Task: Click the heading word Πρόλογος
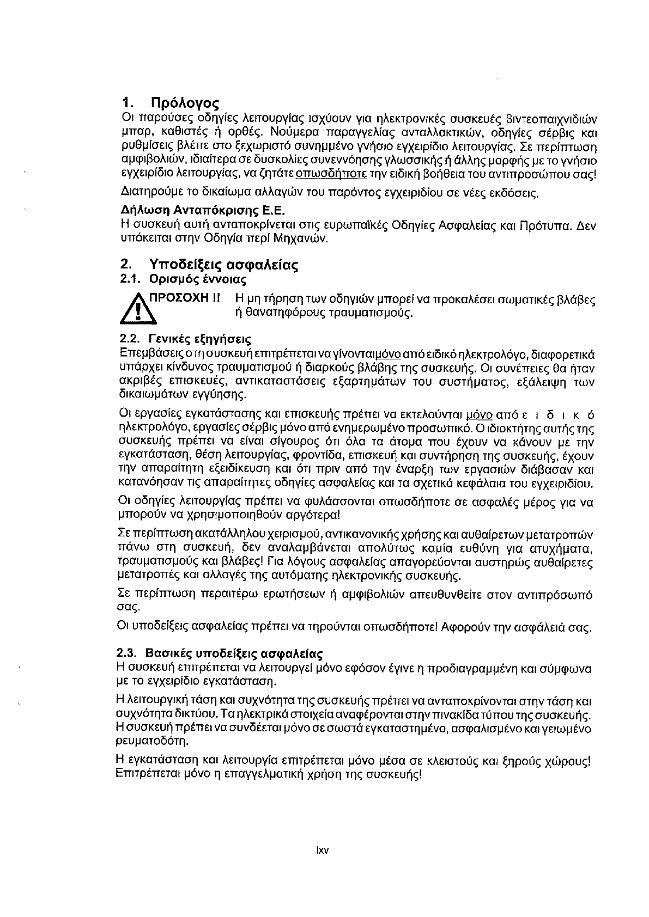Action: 184,103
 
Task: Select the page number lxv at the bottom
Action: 323,851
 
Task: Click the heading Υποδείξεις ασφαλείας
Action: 223,265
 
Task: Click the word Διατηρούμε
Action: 146,193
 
